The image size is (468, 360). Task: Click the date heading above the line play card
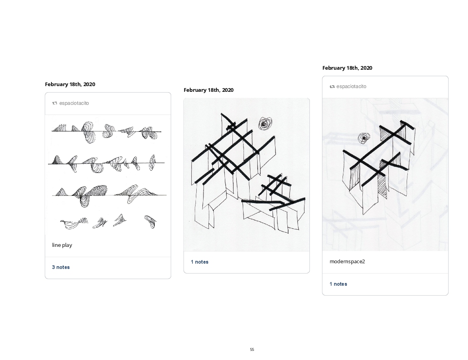click(70, 84)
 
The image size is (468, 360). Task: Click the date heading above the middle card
click(208, 90)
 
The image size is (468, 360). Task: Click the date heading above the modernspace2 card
click(347, 68)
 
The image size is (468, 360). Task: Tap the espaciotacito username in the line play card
click(74, 103)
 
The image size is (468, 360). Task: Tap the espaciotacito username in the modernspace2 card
click(351, 86)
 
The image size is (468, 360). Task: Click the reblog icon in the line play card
click(55, 103)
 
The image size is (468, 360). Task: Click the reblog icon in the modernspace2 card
click(332, 87)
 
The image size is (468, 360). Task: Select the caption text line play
click(62, 245)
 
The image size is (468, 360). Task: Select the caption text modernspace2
click(347, 261)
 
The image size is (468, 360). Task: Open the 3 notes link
click(61, 267)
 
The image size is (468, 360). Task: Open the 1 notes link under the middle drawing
click(200, 262)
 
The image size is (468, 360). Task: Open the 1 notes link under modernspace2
click(338, 284)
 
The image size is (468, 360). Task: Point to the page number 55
click(252, 350)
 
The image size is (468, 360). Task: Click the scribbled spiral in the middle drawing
click(265, 123)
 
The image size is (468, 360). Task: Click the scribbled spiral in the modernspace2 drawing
click(364, 138)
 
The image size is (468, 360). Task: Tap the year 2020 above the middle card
click(228, 90)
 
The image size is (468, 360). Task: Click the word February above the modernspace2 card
click(333, 68)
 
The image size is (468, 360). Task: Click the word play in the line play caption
click(67, 245)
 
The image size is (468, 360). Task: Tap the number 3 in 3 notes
click(53, 267)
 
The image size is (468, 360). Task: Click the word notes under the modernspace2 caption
click(340, 284)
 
